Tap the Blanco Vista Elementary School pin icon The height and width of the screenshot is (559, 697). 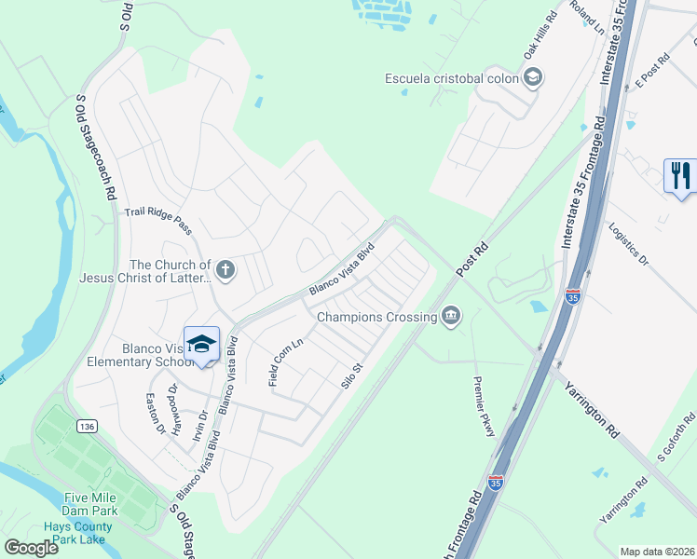(200, 344)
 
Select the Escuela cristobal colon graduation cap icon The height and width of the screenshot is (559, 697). (533, 78)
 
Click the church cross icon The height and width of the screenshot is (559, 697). (225, 270)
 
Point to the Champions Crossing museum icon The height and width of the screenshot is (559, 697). (451, 317)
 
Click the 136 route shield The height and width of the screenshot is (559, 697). (88, 427)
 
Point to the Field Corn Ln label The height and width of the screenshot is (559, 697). (286, 362)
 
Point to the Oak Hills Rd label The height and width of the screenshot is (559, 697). (540, 36)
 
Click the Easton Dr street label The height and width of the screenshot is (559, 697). (155, 414)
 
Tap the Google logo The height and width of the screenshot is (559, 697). (30, 547)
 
